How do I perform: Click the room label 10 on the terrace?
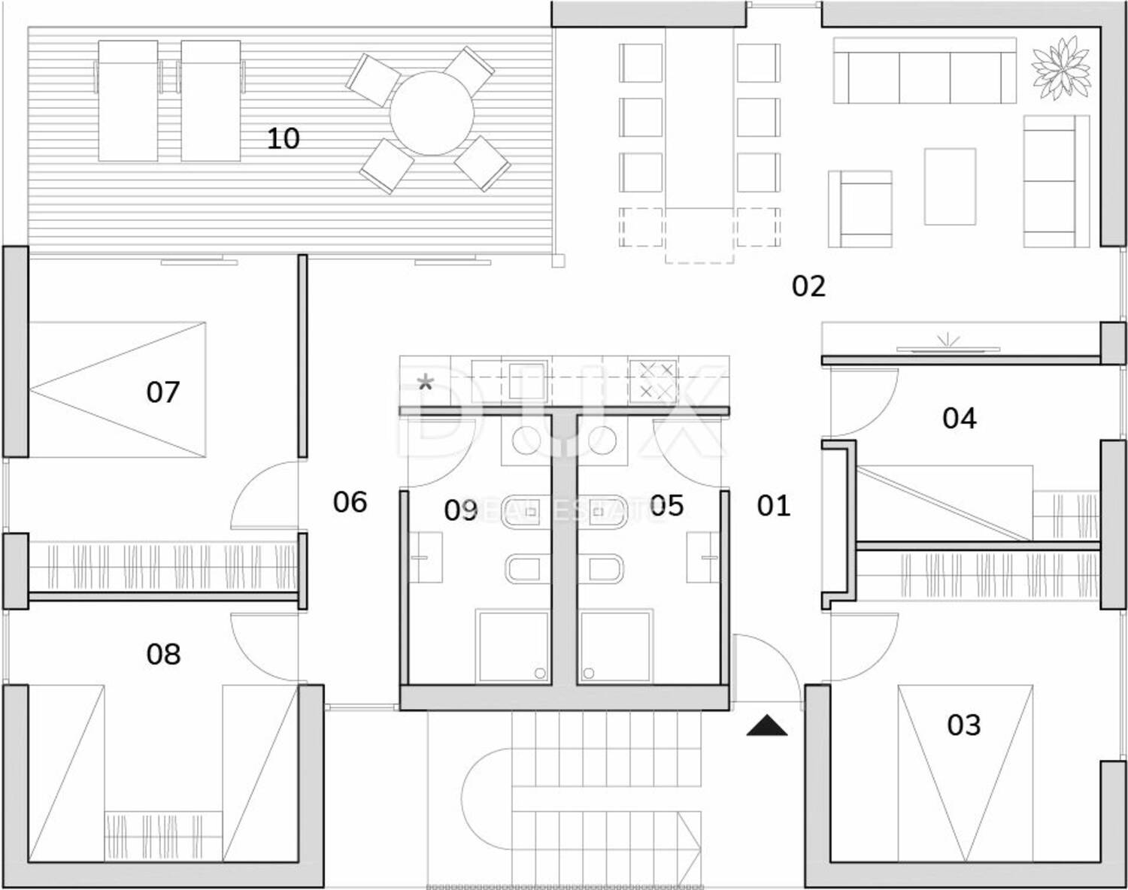pos(283,138)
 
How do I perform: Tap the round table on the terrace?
pos(432,114)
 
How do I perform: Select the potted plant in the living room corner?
pos(1060,65)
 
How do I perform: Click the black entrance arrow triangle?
pos(767,726)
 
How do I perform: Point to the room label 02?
pos(808,286)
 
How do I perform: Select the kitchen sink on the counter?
pos(526,380)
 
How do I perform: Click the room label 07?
pos(163,392)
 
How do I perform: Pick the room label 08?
pos(163,654)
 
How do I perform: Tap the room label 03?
pos(963,725)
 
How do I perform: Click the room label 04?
pos(959,418)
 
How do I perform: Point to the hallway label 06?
pos(350,502)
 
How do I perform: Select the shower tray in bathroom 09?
pos(513,646)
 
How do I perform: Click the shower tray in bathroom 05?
pos(615,646)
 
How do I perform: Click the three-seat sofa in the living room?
pos(924,77)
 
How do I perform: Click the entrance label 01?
pos(773,506)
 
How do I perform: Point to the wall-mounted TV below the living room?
pos(948,348)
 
